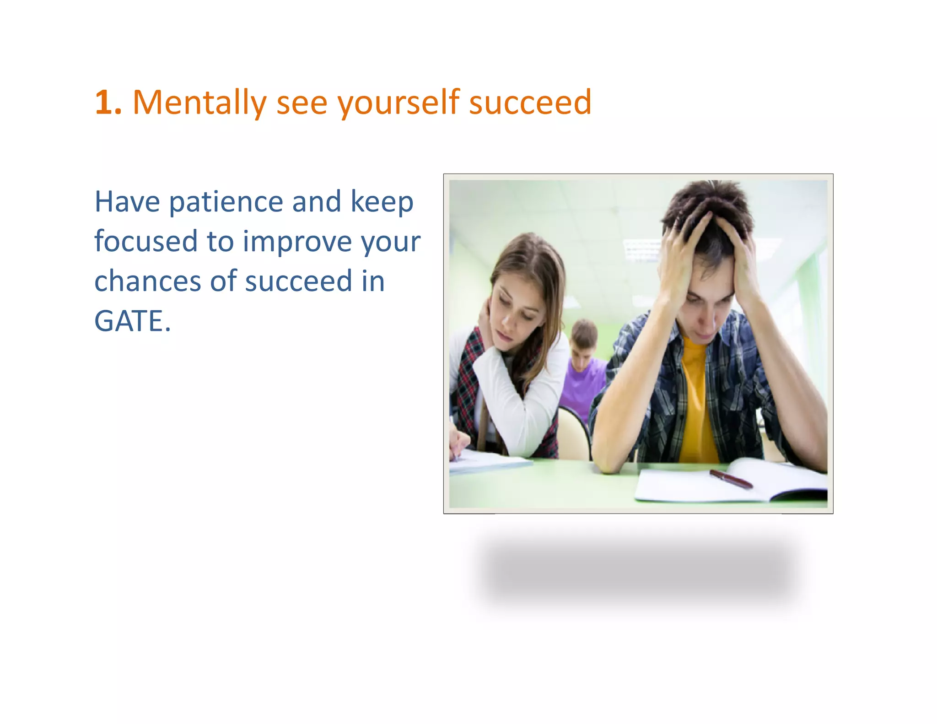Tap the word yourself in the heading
[x=398, y=103]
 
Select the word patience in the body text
[x=226, y=202]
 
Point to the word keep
[x=382, y=202]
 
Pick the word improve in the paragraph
[x=297, y=242]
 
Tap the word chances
[x=147, y=281]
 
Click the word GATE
[x=132, y=321]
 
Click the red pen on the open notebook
[x=731, y=479]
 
